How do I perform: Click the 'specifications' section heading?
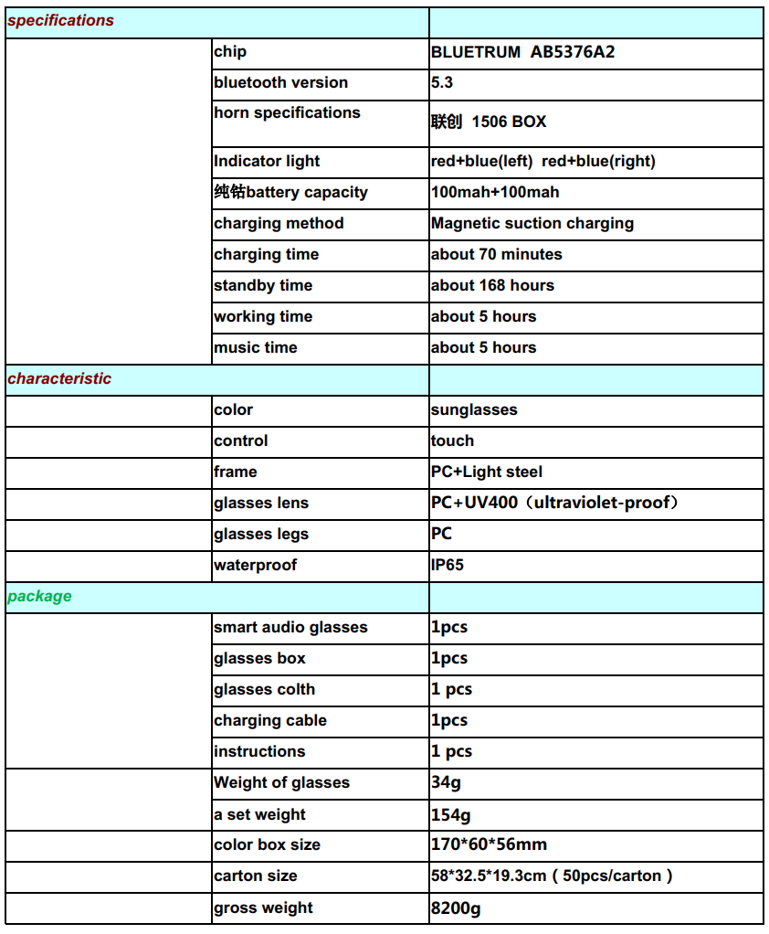61,20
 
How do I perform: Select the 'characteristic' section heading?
59,378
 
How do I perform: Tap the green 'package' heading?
39,596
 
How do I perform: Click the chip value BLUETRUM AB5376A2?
522,52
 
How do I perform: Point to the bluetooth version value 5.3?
442,82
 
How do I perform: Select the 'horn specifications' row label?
287,112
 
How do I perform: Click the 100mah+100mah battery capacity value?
495,192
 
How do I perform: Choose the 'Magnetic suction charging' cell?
532,223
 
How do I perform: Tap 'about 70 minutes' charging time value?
496,254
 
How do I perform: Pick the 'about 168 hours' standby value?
492,285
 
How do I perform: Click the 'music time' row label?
255,347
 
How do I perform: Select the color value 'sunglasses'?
474,409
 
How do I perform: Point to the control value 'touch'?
452,440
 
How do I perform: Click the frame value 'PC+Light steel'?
486,472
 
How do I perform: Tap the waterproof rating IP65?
448,565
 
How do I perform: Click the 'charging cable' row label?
269,720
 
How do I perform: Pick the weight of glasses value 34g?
447,782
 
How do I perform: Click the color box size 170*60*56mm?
489,844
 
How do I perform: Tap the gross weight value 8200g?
456,907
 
